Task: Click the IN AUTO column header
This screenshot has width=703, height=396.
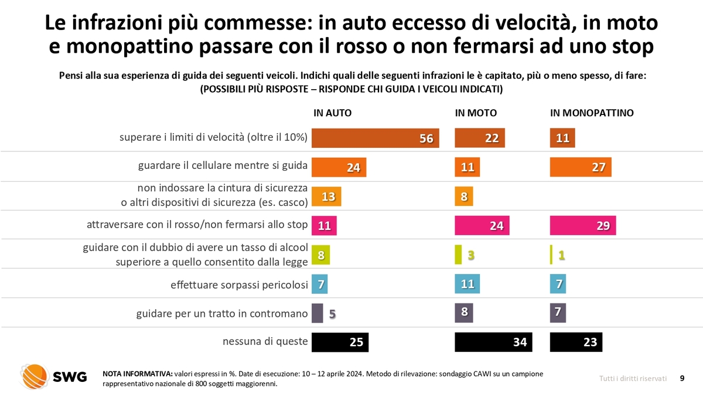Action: click(333, 113)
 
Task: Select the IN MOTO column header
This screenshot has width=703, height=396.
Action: click(476, 113)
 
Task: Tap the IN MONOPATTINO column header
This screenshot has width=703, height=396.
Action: click(592, 113)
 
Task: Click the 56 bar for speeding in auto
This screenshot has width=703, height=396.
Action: click(375, 138)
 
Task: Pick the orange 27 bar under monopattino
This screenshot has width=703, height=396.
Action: click(581, 167)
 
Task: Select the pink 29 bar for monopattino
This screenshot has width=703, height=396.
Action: click(583, 225)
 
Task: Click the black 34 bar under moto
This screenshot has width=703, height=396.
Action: click(493, 342)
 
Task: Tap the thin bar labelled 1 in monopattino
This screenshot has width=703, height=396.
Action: click(551, 255)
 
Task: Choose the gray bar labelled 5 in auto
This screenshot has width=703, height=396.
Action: click(317, 313)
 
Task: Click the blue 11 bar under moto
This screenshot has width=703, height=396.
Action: click(467, 284)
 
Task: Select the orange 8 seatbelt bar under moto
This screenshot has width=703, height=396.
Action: click(463, 197)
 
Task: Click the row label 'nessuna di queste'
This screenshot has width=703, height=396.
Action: click(265, 341)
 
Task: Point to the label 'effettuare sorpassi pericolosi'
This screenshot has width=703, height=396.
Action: click(239, 285)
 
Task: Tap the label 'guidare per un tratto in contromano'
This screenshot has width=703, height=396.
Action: click(222, 314)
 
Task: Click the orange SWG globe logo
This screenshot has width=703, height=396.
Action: click(34, 376)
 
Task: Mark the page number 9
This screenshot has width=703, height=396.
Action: click(682, 378)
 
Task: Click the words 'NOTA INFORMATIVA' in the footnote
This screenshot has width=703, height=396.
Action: click(137, 374)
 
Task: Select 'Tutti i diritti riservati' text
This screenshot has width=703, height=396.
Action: click(633, 378)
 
